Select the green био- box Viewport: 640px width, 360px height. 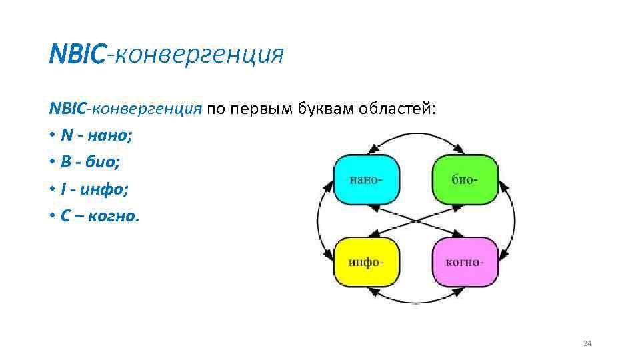coord(465,179)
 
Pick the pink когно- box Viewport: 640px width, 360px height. coord(465,261)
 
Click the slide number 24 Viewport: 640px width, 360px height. coord(587,343)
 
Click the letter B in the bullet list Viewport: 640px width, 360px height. coord(65,163)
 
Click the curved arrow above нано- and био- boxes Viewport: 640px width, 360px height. coord(415,134)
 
